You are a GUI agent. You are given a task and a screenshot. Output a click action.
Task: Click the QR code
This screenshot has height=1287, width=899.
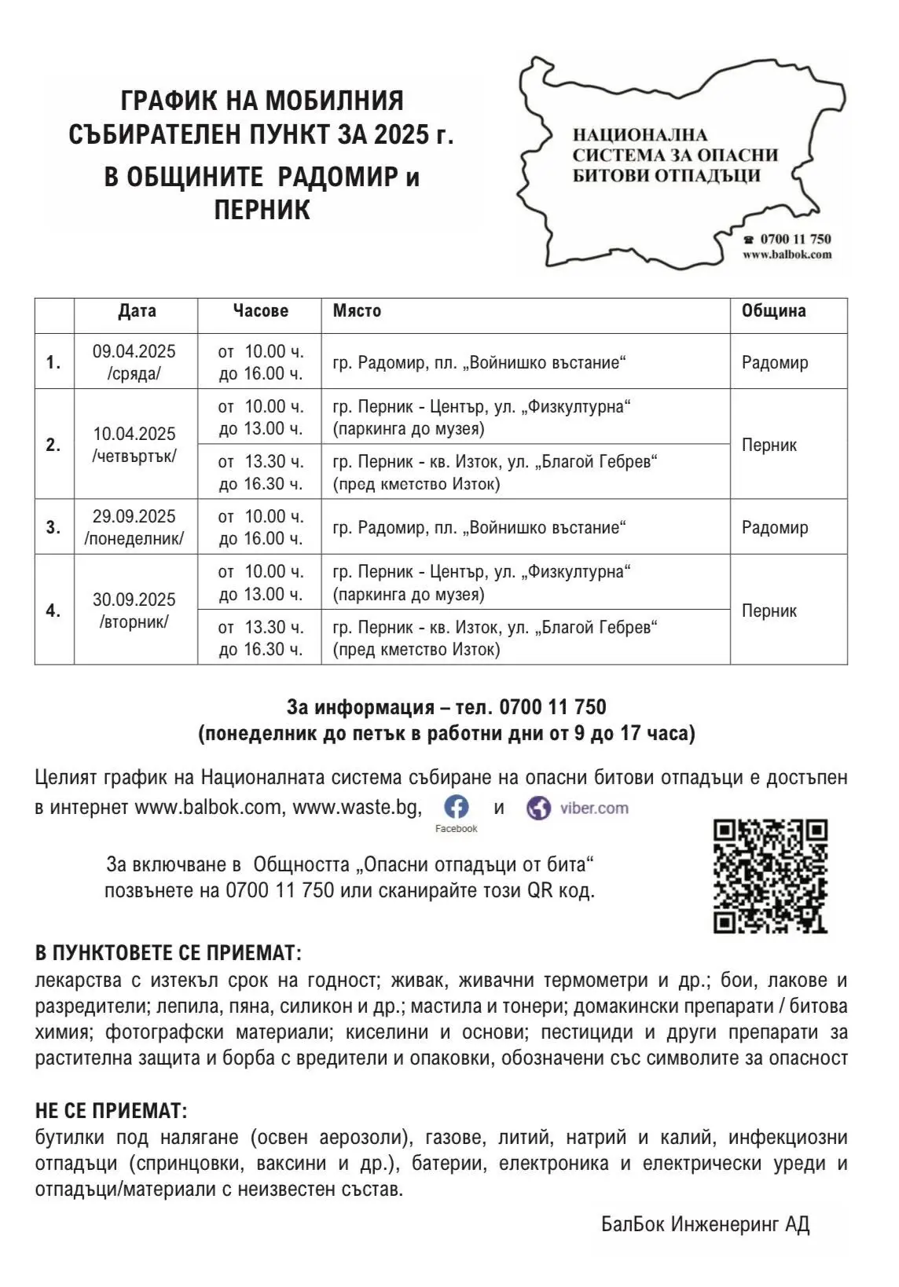(x=770, y=875)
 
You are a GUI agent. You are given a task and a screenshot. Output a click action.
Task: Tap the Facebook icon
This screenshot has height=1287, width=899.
(x=457, y=807)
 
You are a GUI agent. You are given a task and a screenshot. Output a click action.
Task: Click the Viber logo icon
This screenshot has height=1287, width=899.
(x=538, y=808)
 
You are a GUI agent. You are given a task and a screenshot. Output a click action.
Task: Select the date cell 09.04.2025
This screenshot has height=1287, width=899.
(x=134, y=361)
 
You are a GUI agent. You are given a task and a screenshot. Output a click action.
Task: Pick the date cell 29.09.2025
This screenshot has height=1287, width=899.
(x=134, y=526)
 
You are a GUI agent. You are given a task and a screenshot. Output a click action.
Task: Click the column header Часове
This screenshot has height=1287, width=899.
(x=260, y=311)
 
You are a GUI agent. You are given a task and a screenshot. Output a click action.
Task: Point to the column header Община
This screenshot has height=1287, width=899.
(x=773, y=311)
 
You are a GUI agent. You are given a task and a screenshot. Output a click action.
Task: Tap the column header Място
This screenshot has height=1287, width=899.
(x=357, y=311)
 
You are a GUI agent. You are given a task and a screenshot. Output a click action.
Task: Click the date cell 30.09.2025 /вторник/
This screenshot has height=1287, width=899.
(x=134, y=610)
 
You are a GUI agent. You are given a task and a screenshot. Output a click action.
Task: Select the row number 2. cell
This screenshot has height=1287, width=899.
(x=53, y=445)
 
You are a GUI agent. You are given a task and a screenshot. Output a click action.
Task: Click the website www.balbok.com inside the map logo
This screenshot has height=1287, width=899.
(x=787, y=255)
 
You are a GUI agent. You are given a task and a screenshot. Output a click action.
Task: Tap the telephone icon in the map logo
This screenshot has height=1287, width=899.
(x=749, y=240)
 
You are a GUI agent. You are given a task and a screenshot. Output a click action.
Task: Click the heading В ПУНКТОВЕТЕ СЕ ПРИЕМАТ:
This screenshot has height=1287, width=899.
(x=168, y=954)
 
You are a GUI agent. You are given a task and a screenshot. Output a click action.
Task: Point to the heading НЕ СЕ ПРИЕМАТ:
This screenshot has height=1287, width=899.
(x=112, y=1111)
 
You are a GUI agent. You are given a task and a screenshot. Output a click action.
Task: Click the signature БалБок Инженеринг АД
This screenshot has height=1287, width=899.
(x=705, y=1224)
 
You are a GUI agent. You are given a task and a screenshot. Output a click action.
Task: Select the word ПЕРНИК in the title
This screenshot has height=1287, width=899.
(x=262, y=211)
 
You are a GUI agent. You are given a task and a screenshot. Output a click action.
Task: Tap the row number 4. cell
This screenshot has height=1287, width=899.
(x=53, y=610)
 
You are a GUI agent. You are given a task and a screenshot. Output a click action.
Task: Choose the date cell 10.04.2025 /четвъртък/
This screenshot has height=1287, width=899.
(x=134, y=445)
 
